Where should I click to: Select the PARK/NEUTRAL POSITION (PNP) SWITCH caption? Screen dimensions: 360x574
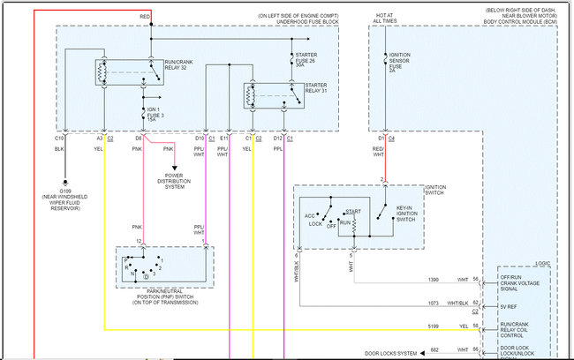pyautogui.click(x=164, y=297)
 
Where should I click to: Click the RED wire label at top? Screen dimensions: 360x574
pyautogui.click(x=145, y=17)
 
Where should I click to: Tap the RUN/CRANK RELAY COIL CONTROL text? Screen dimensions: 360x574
pyautogui.click(x=520, y=331)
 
